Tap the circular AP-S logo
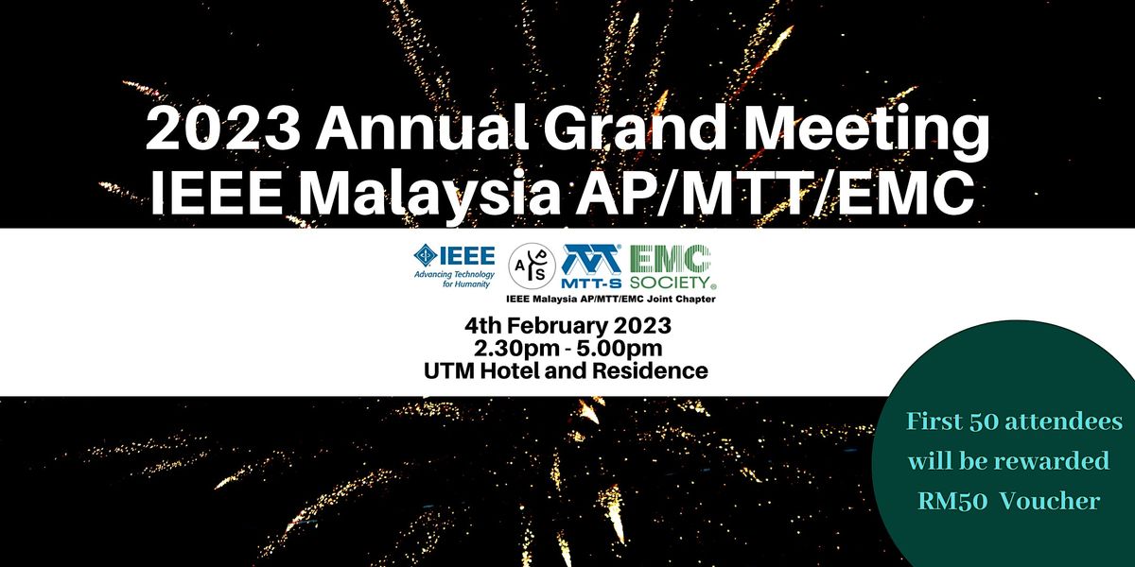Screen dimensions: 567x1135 pos(533,268)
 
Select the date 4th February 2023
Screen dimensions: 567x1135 pos(567,326)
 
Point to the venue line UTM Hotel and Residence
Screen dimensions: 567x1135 pos(567,370)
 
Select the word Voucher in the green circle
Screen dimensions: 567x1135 pos(1052,502)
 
